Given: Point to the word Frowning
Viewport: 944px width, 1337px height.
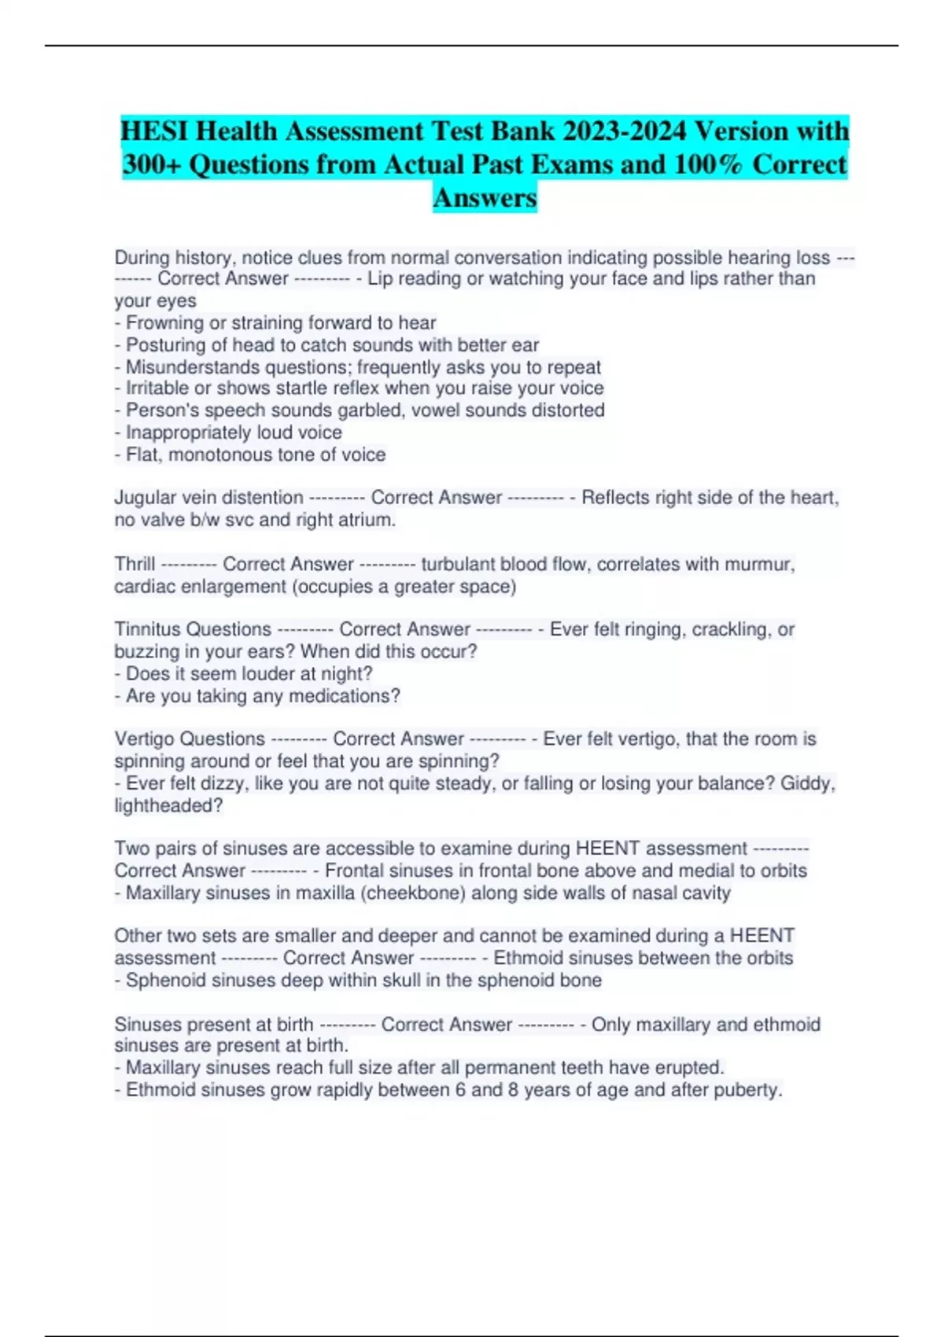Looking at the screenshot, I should pyautogui.click(x=164, y=323).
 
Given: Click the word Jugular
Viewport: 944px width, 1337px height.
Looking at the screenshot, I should pyautogui.click(x=142, y=498).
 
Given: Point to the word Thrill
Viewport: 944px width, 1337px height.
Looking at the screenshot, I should pyautogui.click(x=135, y=565).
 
